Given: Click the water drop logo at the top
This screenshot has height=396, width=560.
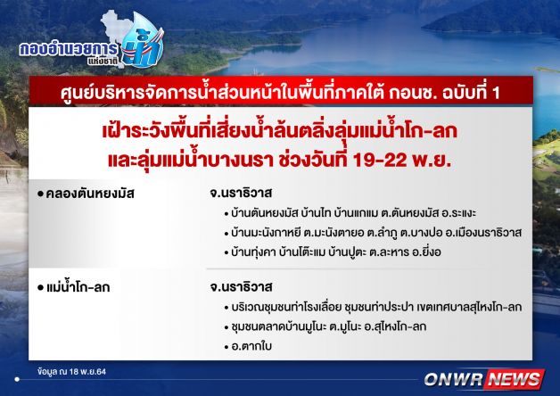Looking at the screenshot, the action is (143, 41).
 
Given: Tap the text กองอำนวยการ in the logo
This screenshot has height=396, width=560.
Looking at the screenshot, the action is (68, 49).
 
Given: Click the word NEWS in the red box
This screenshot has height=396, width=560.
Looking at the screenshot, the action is (515, 379).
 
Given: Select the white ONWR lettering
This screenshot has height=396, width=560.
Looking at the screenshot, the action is (454, 380).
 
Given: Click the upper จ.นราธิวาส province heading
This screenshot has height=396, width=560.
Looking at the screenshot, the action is (241, 194).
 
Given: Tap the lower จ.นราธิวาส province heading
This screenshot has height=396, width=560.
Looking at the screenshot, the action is (241, 286).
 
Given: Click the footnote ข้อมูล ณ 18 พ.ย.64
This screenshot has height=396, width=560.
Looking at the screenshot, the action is (72, 371).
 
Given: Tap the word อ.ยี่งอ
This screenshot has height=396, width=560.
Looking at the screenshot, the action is (426, 252).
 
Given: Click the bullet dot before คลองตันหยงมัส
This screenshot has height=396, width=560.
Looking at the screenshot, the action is (40, 194).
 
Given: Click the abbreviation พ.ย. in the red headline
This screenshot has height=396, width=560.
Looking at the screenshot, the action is (432, 160).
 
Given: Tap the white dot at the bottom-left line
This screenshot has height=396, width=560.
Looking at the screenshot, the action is (17, 379).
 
